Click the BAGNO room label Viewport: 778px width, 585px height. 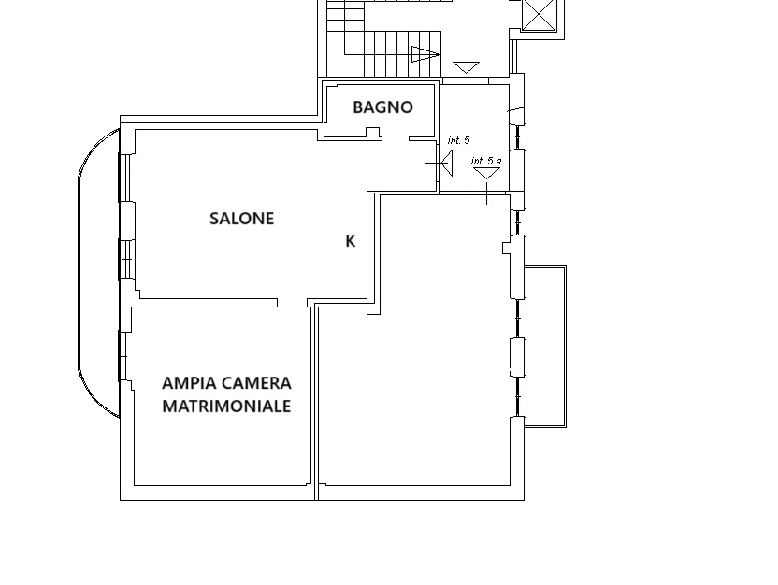pyautogui.click(x=382, y=107)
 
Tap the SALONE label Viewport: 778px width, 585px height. pyautogui.click(x=241, y=219)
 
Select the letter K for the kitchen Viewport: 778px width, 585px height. pyautogui.click(x=351, y=241)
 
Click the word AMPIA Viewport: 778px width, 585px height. pyautogui.click(x=189, y=383)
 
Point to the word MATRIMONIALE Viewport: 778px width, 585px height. pyautogui.click(x=226, y=407)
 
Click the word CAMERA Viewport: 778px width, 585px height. pyautogui.click(x=256, y=383)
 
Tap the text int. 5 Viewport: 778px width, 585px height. pyautogui.click(x=458, y=140)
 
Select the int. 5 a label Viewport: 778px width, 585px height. pyautogui.click(x=486, y=161)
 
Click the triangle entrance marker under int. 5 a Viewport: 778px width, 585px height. pyautogui.click(x=487, y=173)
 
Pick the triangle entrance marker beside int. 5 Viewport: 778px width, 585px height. pyautogui.click(x=447, y=163)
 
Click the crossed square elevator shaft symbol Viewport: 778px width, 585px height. pyautogui.click(x=539, y=14)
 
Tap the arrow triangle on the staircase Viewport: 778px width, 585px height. pyautogui.click(x=425, y=54)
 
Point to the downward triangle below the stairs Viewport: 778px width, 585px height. pyautogui.click(x=467, y=67)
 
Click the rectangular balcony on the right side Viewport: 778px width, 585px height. pyautogui.click(x=545, y=347)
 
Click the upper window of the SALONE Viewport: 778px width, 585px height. pyautogui.click(x=125, y=178)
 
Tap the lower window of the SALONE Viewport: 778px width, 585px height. pyautogui.click(x=125, y=259)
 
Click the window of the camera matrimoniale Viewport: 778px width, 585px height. pyautogui.click(x=122, y=356)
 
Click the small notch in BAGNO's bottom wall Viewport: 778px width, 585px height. pyautogui.click(x=373, y=132)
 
